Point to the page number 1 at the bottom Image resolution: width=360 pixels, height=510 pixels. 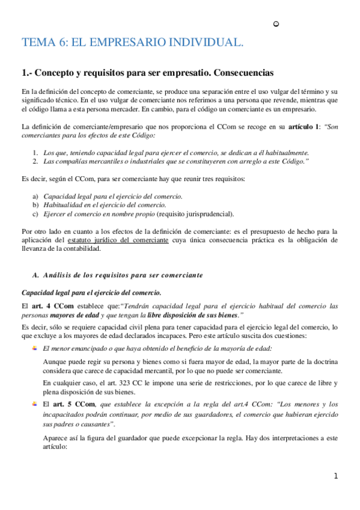(336, 476)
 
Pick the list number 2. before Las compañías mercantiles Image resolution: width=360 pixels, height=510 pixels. (36, 161)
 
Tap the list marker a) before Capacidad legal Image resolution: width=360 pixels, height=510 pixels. (35, 197)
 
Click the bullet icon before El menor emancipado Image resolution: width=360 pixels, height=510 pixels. (34, 348)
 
